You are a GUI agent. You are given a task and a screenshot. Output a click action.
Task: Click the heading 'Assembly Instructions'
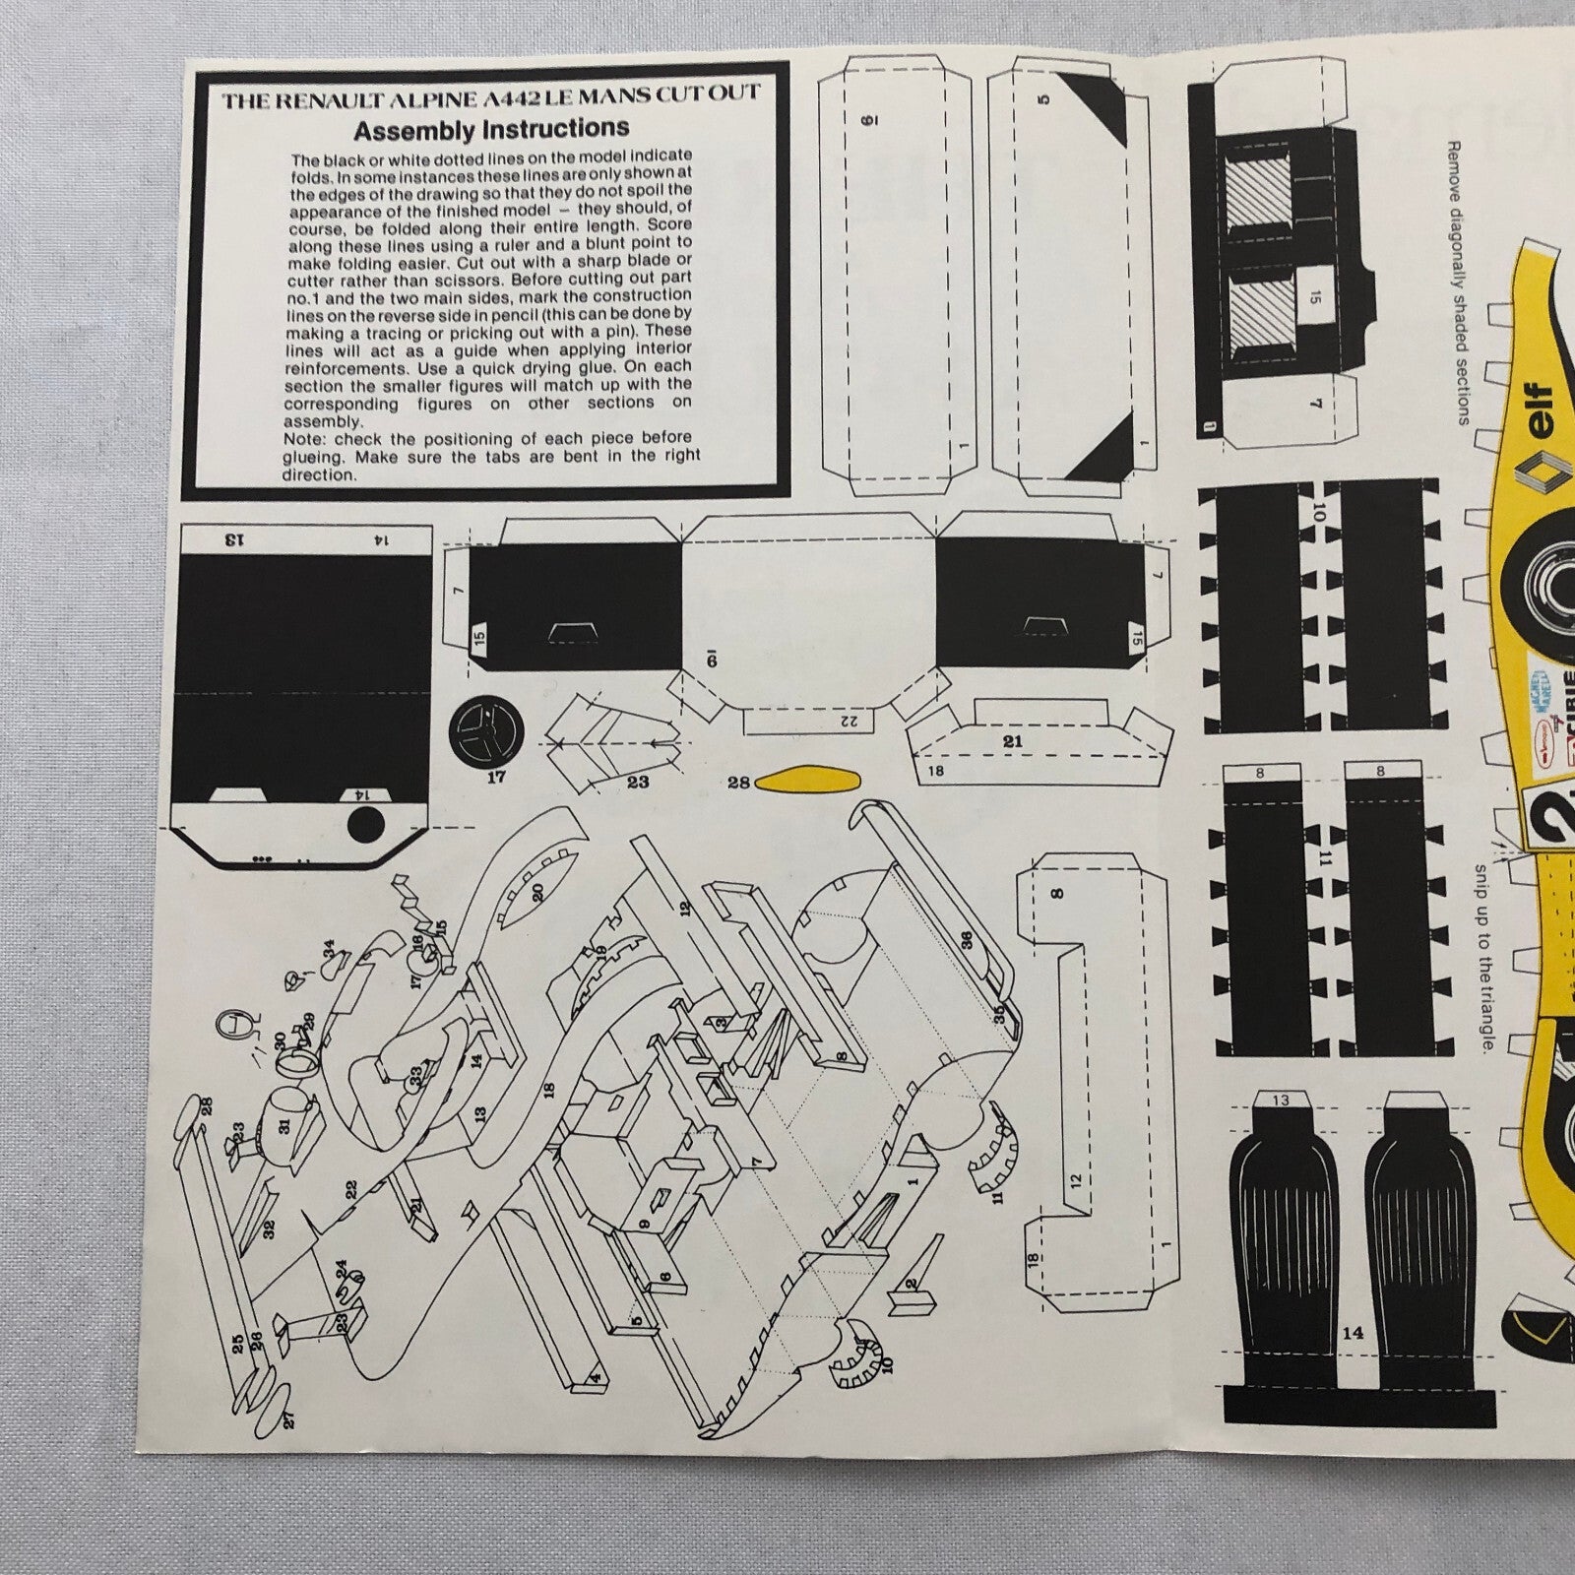click(491, 129)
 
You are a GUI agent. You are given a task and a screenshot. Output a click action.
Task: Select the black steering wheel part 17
click(487, 732)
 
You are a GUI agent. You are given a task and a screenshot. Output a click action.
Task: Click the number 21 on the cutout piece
click(1014, 741)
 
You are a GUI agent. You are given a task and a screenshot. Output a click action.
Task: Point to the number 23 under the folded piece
click(638, 782)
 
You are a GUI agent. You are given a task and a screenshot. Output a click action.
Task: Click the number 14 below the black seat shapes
click(1353, 1333)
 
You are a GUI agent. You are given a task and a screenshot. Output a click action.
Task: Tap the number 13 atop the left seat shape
click(1281, 1101)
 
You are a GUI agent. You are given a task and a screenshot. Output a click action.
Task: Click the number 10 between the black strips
click(1320, 512)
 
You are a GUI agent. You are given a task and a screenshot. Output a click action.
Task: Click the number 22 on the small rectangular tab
click(850, 722)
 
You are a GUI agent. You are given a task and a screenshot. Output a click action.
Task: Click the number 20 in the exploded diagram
click(537, 892)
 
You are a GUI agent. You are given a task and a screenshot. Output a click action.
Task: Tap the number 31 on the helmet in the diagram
click(284, 1126)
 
